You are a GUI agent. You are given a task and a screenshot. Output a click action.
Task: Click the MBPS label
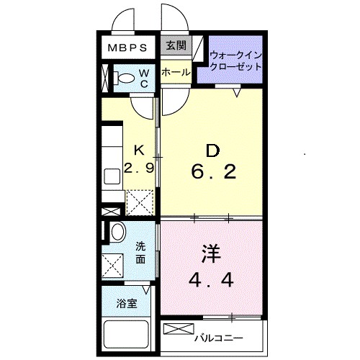coord(128,48)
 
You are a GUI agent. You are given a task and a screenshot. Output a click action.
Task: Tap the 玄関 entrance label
coord(175,46)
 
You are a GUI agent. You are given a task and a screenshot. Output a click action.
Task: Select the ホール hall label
coord(175,73)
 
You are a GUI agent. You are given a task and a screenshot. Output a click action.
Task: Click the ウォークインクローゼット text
coord(235,60)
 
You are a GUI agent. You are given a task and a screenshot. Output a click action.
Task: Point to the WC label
coord(143,78)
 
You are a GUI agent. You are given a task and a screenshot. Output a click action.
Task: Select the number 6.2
coord(213,173)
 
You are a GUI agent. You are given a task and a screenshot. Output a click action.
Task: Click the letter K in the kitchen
coord(140,150)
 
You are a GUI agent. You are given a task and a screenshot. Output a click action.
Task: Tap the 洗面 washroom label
coord(141,251)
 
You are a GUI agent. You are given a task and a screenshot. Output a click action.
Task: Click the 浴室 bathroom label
coord(127,304)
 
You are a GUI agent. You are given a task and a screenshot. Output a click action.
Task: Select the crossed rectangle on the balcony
coord(177,329)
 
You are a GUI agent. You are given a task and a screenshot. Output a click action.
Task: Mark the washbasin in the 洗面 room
coord(115,232)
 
